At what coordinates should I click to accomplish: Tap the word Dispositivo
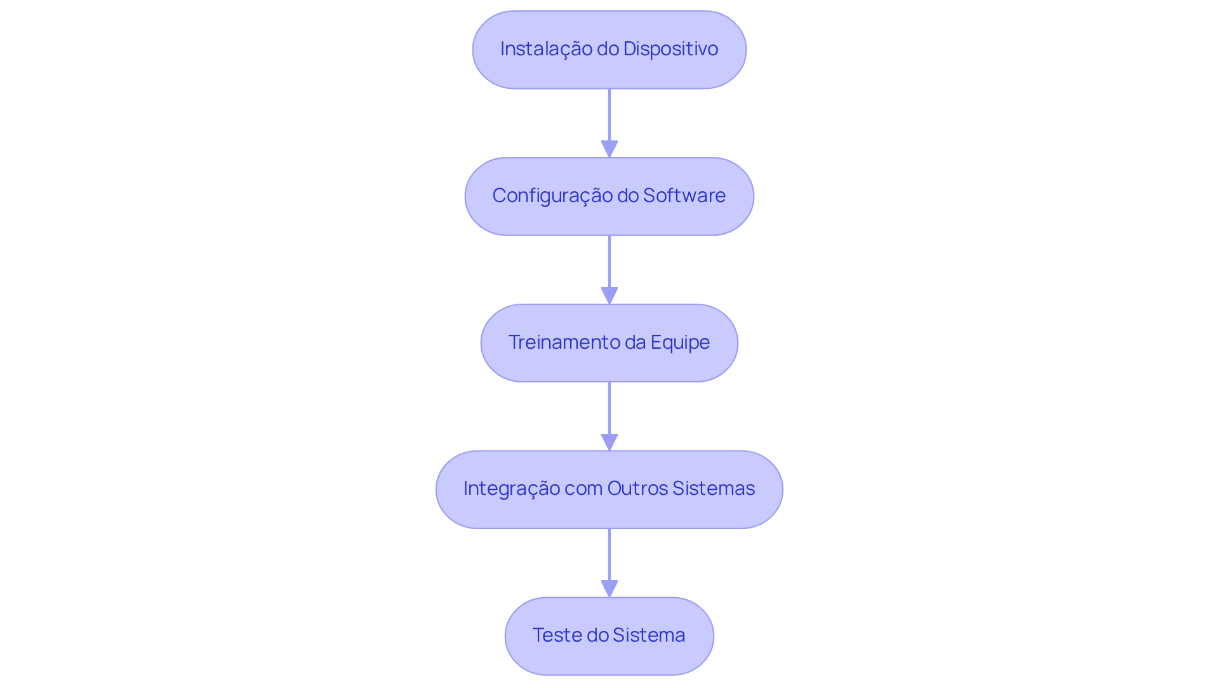click(x=670, y=49)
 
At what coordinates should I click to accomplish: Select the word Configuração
click(x=551, y=196)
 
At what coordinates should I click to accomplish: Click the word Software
click(x=684, y=196)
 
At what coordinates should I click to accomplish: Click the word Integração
click(x=511, y=489)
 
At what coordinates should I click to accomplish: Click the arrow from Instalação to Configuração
click(x=609, y=118)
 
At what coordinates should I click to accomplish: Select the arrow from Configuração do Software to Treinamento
click(x=609, y=264)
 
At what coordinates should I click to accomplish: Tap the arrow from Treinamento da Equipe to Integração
click(x=609, y=410)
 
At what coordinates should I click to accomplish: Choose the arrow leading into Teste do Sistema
click(x=609, y=556)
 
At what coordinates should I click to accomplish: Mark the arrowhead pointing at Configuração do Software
click(x=609, y=149)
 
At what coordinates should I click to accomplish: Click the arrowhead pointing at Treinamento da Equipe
click(x=609, y=296)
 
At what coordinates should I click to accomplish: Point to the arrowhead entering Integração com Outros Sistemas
click(x=609, y=442)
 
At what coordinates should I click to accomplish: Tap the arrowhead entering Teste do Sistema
click(x=609, y=589)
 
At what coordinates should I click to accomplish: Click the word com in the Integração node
click(x=583, y=489)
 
